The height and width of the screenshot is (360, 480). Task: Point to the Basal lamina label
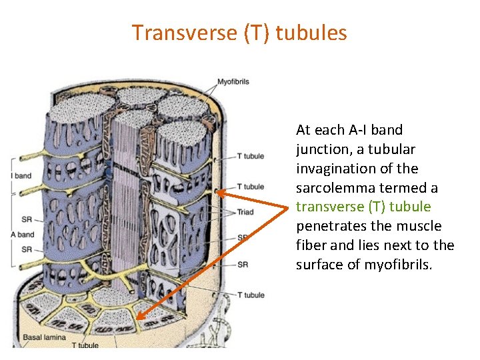coord(44,337)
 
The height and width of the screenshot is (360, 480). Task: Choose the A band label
coord(21,235)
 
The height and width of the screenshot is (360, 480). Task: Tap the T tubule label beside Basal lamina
coord(85,345)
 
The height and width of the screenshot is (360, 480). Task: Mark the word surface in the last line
coord(321,265)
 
